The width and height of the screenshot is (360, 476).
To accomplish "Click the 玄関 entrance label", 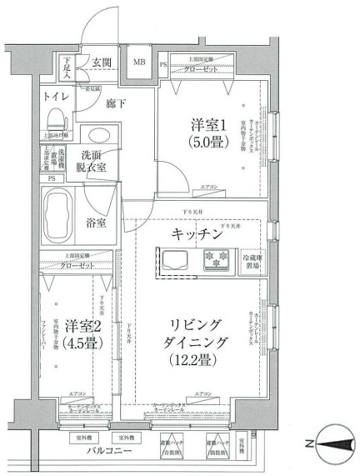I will click(x=102, y=63).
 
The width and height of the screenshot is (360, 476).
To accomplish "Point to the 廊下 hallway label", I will click(x=116, y=105).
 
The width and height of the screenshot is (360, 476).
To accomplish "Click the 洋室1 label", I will click(x=208, y=126).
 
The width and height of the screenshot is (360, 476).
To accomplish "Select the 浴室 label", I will click(x=97, y=223).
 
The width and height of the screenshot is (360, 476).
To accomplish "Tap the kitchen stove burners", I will click(x=217, y=259).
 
